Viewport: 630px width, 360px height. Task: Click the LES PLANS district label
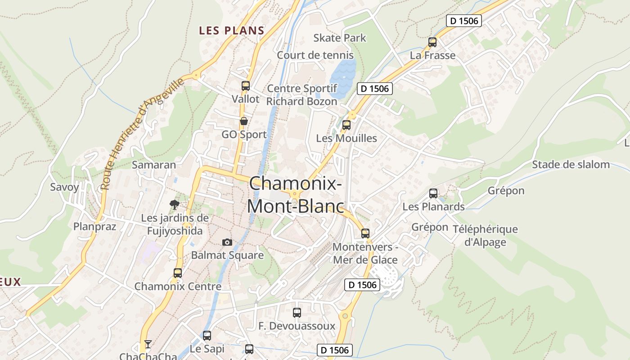231,31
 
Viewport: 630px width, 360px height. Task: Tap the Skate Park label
340,38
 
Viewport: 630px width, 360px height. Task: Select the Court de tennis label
315,55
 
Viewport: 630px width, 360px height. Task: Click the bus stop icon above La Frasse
432,42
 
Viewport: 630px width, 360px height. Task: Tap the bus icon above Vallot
246,85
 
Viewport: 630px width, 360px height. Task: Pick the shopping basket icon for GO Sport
244,121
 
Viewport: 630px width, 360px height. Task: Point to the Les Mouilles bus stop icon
346,125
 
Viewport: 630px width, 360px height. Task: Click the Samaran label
153,165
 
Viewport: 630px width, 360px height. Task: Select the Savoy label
64,187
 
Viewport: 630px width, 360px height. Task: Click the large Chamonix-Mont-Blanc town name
295,195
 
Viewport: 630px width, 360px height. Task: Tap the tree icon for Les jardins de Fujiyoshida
175,205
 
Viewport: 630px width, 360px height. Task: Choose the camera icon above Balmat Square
227,243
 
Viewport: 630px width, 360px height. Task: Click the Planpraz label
94,226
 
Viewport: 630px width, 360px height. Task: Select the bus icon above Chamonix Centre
178,273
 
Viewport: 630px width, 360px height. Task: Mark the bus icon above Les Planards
433,193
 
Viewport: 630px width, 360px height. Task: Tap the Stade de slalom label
571,164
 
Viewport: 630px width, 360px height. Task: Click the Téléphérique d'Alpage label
485,235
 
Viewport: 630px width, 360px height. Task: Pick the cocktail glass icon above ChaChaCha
148,344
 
